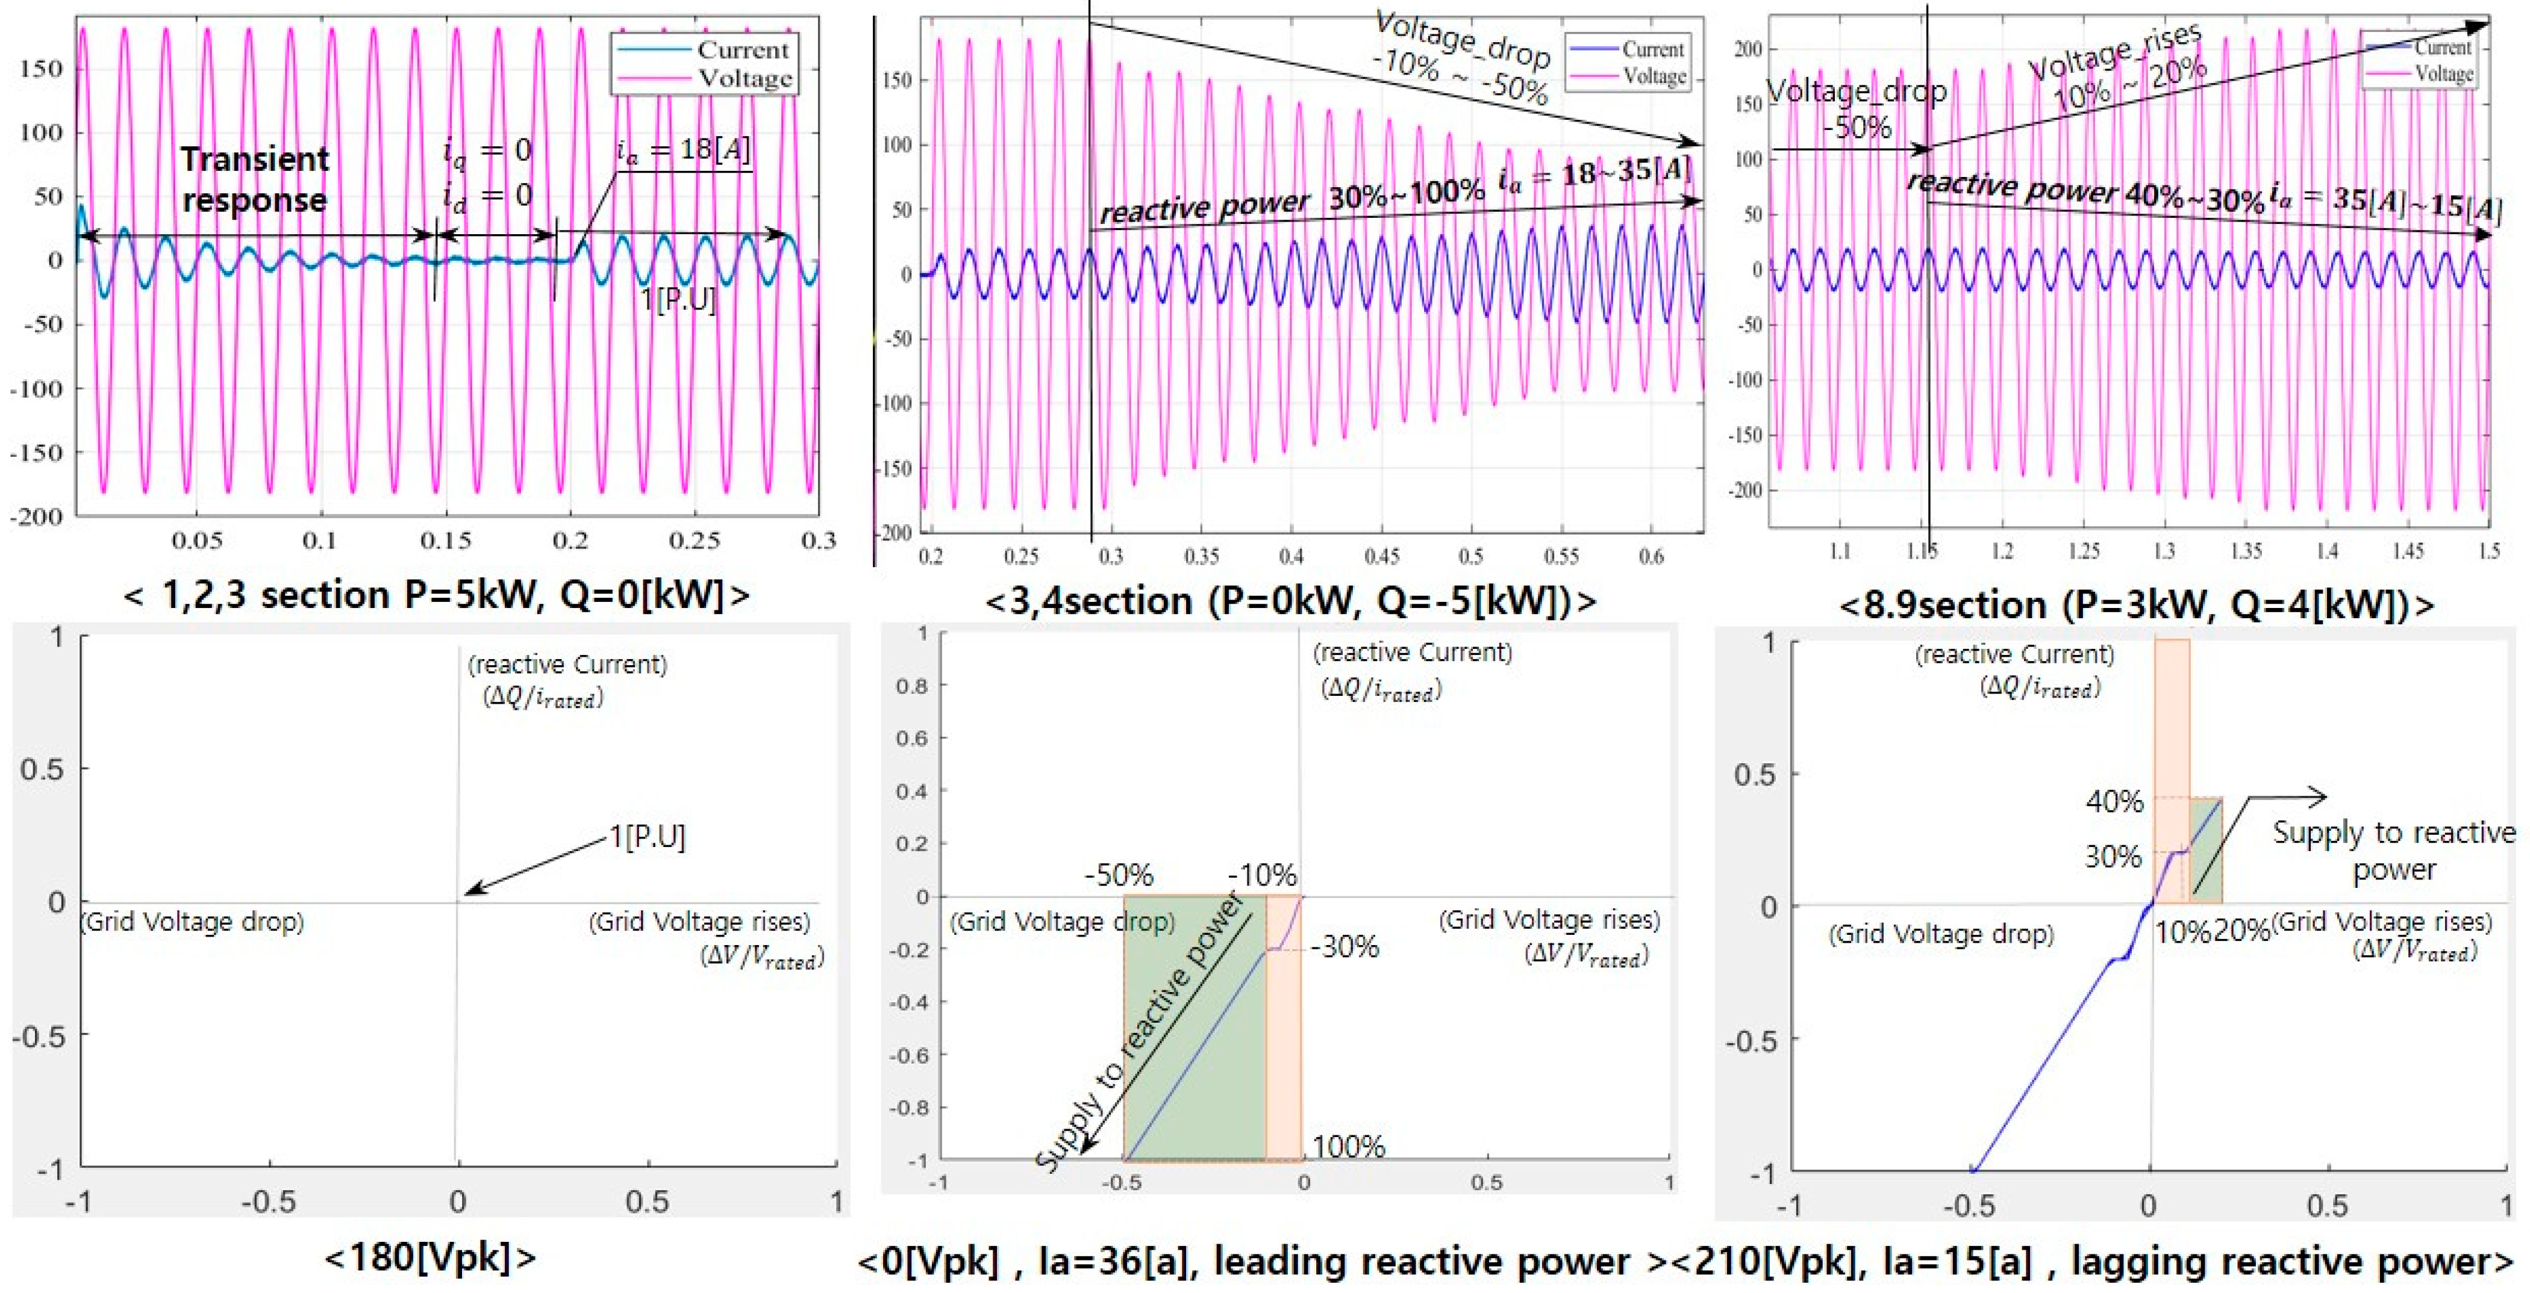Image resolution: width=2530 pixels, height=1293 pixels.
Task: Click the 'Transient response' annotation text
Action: pyautogui.click(x=254, y=179)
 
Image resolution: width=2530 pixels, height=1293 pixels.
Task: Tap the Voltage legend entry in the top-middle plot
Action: pyautogui.click(x=1654, y=76)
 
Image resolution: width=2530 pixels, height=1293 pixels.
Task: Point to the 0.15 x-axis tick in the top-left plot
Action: pyautogui.click(x=445, y=540)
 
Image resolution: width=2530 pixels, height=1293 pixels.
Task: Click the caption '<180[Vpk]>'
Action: pyautogui.click(x=430, y=1257)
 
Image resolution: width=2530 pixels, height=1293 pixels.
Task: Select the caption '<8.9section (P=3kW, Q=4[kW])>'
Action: pyautogui.click(x=2135, y=604)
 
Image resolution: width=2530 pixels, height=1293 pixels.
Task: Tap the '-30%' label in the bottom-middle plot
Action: pyautogui.click(x=1346, y=947)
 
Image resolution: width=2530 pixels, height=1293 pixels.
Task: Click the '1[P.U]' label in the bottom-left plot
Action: pyautogui.click(x=647, y=837)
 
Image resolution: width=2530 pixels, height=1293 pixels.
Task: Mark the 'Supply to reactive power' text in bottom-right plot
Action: pyautogui.click(x=2393, y=850)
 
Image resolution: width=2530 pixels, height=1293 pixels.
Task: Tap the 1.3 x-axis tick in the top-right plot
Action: pyautogui.click(x=2164, y=551)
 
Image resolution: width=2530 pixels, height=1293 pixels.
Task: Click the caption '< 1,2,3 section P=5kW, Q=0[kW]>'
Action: pyautogui.click(x=436, y=595)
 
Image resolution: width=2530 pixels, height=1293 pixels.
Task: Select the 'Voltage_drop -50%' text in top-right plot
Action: pyautogui.click(x=1857, y=108)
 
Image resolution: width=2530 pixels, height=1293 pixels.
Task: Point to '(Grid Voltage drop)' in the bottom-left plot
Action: pyautogui.click(x=193, y=922)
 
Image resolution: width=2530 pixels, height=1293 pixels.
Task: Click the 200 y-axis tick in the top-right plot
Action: pyautogui.click(x=1748, y=49)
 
